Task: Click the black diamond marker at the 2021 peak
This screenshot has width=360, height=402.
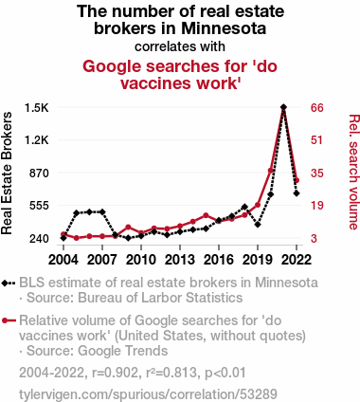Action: click(x=283, y=107)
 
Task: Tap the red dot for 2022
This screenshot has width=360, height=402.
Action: click(x=297, y=180)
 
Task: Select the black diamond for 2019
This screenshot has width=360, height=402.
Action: click(x=258, y=225)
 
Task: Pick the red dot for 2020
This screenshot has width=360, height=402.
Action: click(x=271, y=171)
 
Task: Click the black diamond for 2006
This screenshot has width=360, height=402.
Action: click(x=89, y=211)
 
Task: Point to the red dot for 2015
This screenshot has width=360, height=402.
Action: click(x=206, y=215)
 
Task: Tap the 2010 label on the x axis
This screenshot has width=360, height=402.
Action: click(x=141, y=260)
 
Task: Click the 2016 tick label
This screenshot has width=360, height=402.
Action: click(x=219, y=260)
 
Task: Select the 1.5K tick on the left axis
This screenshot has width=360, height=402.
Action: click(x=37, y=108)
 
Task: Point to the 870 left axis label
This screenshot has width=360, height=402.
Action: click(x=39, y=173)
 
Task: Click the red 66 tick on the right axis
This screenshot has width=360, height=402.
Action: click(x=317, y=108)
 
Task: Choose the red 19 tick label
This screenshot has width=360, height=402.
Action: click(x=317, y=206)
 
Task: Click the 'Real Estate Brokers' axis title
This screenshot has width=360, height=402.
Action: click(x=7, y=174)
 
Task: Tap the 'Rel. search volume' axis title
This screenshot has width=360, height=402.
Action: click(x=353, y=172)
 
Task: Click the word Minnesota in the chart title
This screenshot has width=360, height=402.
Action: click(x=224, y=28)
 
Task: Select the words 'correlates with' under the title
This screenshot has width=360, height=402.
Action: click(x=180, y=46)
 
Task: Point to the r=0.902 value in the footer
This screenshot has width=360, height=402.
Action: click(x=116, y=373)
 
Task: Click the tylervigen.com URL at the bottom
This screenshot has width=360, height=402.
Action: click(x=148, y=394)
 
